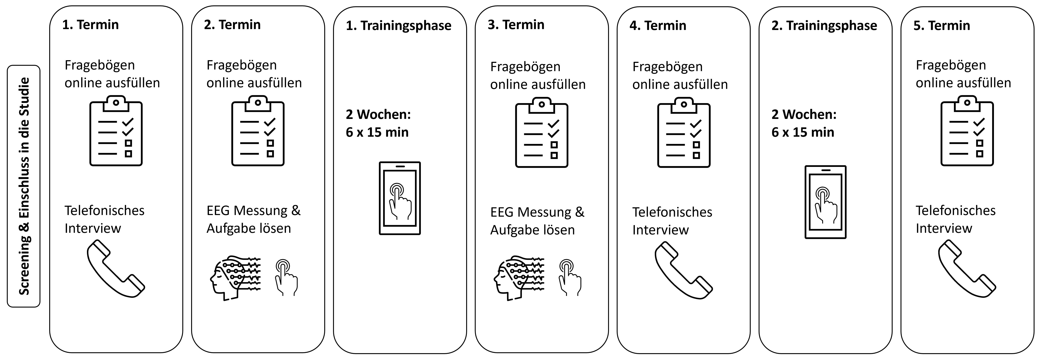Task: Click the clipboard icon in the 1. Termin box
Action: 116,131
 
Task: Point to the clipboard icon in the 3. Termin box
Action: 541,133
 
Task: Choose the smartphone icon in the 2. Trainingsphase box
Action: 826,202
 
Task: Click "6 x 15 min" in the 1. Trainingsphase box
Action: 377,132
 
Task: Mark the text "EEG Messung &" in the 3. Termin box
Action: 537,212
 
